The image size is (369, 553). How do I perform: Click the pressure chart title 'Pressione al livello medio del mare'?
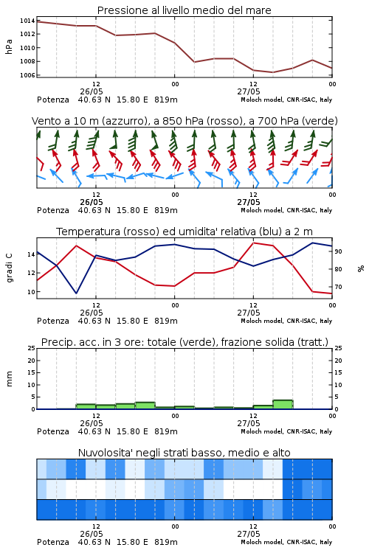[184, 10]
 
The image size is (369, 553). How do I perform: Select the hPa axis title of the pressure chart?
[9, 47]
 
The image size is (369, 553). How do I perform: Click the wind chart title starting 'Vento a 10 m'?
[184, 121]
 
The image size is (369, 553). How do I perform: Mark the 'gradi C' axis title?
[10, 268]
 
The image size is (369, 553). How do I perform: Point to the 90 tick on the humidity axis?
[338, 251]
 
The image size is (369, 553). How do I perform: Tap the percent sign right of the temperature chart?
[361, 268]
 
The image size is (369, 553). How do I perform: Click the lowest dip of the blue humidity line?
[76, 293]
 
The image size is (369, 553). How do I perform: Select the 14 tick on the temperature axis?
[31, 254]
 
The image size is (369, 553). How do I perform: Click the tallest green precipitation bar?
[283, 405]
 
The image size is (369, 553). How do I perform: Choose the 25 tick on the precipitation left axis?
[31, 348]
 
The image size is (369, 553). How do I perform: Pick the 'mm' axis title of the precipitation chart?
[10, 379]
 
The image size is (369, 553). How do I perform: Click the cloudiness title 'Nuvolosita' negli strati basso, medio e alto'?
[184, 453]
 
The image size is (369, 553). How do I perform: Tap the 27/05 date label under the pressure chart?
[249, 91]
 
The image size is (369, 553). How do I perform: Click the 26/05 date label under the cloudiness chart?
[92, 534]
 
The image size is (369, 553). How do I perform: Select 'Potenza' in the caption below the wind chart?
[53, 210]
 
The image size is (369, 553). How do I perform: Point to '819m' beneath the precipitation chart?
[165, 431]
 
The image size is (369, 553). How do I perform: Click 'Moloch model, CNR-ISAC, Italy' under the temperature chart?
[286, 321]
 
